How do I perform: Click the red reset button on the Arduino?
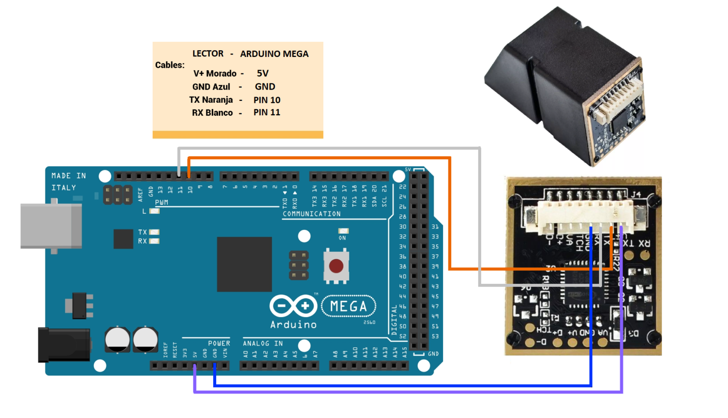[336, 266]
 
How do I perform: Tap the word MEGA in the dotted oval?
[348, 307]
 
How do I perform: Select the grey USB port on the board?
[51, 226]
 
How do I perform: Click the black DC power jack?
[64, 345]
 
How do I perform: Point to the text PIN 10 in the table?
[267, 100]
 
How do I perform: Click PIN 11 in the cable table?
[267, 112]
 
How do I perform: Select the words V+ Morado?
[215, 73]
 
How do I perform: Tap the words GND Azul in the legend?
[211, 87]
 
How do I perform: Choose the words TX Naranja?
[211, 100]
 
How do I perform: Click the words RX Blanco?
[212, 113]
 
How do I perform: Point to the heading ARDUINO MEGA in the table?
[274, 54]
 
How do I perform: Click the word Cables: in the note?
[170, 65]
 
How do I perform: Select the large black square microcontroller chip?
[244, 264]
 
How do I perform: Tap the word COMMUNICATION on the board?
[311, 214]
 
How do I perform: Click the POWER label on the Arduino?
[219, 343]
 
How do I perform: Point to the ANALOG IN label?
[263, 343]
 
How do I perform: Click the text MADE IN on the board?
[69, 176]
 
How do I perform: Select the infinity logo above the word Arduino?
[293, 306]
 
